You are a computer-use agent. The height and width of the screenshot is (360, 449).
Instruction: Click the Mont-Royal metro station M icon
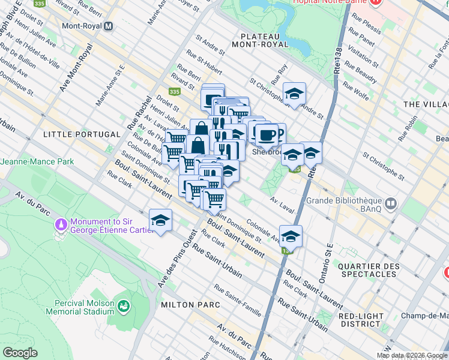tap(108, 26)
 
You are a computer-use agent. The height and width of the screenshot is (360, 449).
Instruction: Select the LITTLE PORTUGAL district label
tap(74, 135)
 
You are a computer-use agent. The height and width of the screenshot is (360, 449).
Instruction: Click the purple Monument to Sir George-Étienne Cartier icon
tap(60, 224)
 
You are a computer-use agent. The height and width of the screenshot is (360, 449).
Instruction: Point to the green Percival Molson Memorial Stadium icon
tap(124, 307)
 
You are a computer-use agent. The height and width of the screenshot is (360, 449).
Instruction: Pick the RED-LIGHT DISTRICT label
tap(364, 321)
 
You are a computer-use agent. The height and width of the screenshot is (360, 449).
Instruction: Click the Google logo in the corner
tap(20, 353)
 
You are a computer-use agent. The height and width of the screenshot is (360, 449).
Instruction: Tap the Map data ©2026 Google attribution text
tap(412, 355)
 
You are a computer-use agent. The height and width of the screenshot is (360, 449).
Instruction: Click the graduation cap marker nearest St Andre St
tap(294, 94)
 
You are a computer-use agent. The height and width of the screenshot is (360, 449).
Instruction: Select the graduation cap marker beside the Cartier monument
tap(160, 220)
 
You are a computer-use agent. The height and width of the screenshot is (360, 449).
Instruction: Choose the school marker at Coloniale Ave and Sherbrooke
tap(291, 236)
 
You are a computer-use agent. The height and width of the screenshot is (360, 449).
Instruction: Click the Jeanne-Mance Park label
tap(37, 161)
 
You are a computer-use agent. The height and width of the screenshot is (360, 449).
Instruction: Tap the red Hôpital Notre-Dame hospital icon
tap(376, 2)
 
